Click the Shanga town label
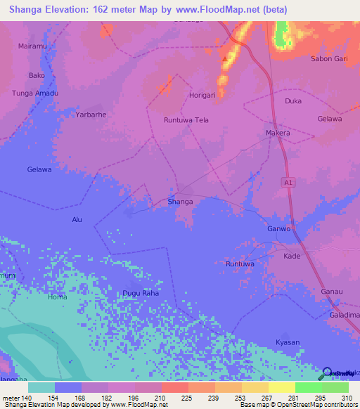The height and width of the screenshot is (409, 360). [x=180, y=202]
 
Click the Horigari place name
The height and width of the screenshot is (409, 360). [x=201, y=94]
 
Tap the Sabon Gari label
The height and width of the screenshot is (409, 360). [x=329, y=59]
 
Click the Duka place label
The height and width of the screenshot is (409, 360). [x=293, y=101]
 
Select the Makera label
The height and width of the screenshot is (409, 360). [x=278, y=133]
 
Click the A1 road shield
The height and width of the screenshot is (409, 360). [x=288, y=182]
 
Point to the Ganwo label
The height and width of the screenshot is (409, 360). [x=279, y=229]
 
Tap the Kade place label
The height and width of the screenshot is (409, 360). [x=291, y=256]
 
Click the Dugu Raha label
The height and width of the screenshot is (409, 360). [x=141, y=293]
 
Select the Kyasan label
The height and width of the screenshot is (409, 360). [x=288, y=342]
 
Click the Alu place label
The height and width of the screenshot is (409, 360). [x=77, y=220]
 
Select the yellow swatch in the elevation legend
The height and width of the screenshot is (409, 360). [x=281, y=387]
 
